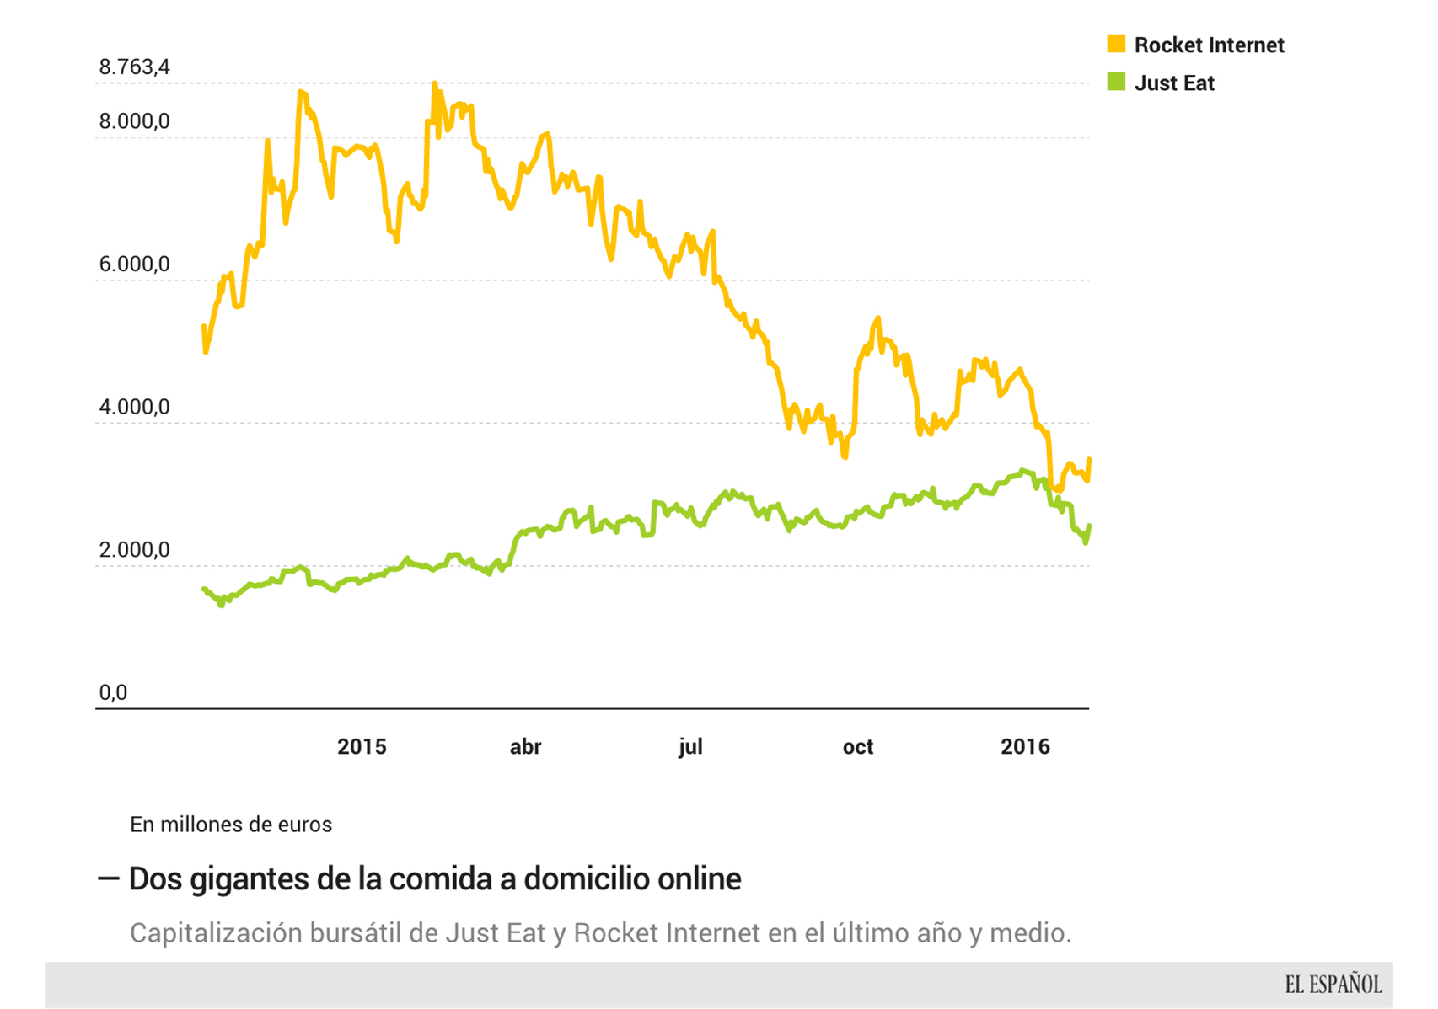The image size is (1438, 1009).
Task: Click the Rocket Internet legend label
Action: pyautogui.click(x=1209, y=45)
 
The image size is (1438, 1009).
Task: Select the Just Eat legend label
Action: pyautogui.click(x=1174, y=83)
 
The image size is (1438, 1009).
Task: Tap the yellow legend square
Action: pyautogui.click(x=1116, y=44)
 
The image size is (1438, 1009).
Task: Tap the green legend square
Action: pyautogui.click(x=1116, y=82)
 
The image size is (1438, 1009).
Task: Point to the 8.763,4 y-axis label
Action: pyautogui.click(x=134, y=67)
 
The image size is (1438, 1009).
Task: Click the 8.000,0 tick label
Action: pyautogui.click(x=134, y=121)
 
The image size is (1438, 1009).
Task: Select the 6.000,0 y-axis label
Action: pyautogui.click(x=134, y=264)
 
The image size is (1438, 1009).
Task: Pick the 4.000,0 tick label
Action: pyautogui.click(x=134, y=407)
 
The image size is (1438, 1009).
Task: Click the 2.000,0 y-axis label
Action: pyautogui.click(x=134, y=550)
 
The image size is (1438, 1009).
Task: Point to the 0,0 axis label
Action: pyautogui.click(x=113, y=692)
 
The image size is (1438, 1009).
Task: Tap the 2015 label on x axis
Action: pyautogui.click(x=362, y=747)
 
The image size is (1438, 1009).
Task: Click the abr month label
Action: pyautogui.click(x=525, y=747)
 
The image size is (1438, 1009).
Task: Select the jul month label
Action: pyautogui.click(x=690, y=747)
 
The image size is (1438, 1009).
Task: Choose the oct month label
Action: pyautogui.click(x=857, y=747)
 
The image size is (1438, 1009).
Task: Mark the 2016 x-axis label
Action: pyautogui.click(x=1025, y=747)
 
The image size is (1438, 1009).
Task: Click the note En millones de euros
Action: pyautogui.click(x=231, y=825)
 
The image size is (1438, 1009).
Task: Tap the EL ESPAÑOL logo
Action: pyautogui.click(x=1333, y=985)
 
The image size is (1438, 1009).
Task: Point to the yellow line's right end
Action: pyautogui.click(x=1089, y=460)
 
